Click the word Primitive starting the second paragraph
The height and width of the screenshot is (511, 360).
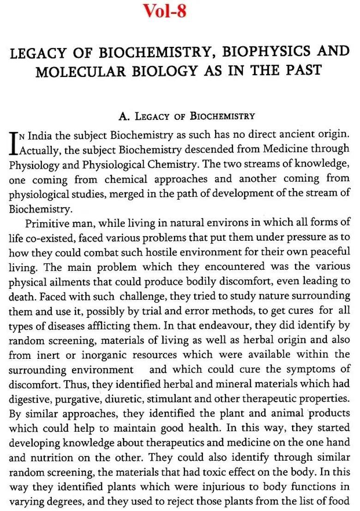click(47, 224)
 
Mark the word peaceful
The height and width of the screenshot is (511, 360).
click(330, 253)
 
